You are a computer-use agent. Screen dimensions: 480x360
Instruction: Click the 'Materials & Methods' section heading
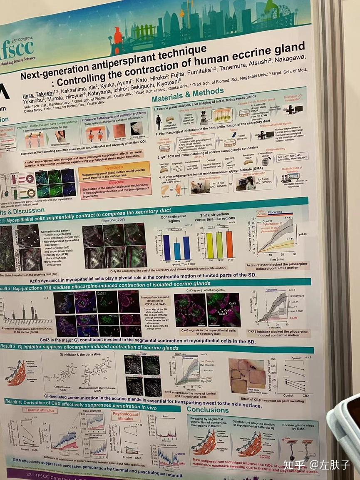click(188, 95)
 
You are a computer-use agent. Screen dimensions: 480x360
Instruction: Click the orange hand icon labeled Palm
click(179, 189)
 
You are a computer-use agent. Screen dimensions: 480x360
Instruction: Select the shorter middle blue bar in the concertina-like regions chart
click(177, 251)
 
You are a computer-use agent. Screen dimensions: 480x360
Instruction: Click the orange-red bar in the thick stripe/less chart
click(229, 245)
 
